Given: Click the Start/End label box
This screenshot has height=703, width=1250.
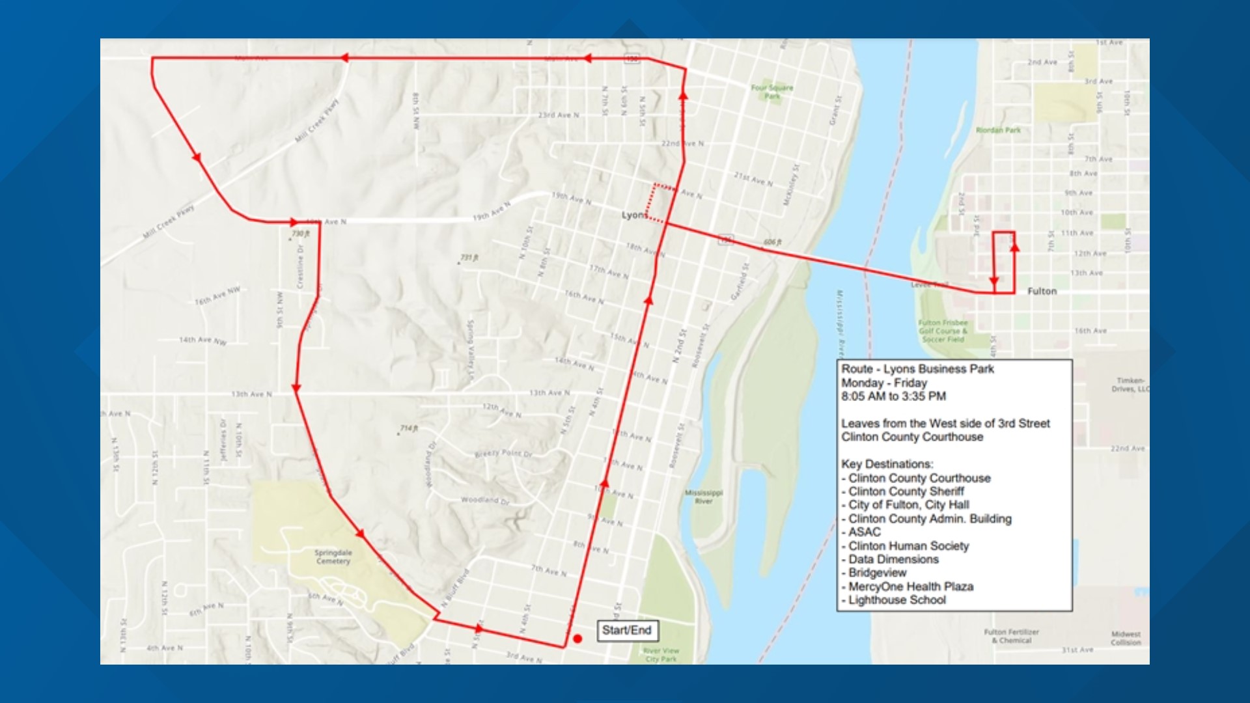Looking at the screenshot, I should (x=626, y=630).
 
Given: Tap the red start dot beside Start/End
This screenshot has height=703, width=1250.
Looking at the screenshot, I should (x=577, y=639).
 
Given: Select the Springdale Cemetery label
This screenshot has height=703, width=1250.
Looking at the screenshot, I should (x=333, y=557).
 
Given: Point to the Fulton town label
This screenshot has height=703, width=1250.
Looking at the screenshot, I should (x=1042, y=291).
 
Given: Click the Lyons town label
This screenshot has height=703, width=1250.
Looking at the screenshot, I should (x=633, y=215).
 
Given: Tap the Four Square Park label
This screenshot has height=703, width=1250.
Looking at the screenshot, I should (x=772, y=91).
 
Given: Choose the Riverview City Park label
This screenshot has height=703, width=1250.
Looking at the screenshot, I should (x=661, y=654).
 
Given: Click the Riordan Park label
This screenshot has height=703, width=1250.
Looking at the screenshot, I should (x=998, y=130).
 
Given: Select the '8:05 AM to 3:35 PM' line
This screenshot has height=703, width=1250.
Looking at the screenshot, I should (x=893, y=396).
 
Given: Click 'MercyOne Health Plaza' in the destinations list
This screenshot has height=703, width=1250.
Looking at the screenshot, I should (x=910, y=586).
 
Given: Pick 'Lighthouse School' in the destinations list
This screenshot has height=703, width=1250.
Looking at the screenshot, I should (x=896, y=600).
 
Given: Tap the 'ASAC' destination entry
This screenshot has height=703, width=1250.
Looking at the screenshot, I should (x=864, y=532).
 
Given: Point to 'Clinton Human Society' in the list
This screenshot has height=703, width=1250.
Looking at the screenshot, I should (x=908, y=546).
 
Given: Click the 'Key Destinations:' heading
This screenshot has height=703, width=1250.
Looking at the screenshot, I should (x=887, y=464).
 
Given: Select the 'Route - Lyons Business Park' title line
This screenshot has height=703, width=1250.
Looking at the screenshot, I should (x=917, y=369).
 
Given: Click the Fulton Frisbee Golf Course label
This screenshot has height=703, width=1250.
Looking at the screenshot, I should (x=943, y=331).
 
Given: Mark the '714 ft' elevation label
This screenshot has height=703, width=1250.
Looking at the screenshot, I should (x=408, y=428).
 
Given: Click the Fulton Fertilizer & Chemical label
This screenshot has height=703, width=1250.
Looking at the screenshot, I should (x=1011, y=636).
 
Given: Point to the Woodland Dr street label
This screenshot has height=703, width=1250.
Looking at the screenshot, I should (x=485, y=500).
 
